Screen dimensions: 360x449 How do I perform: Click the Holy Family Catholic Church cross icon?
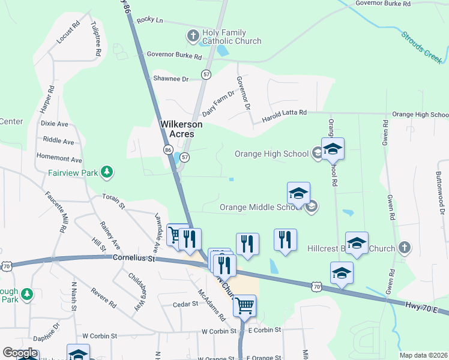coord(193,35)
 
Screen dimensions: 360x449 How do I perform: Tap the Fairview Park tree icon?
coord(107,173)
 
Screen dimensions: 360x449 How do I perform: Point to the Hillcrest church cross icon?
coord(405,248)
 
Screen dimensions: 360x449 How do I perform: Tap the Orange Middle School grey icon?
coord(311,208)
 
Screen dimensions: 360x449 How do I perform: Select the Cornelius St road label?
coord(134,259)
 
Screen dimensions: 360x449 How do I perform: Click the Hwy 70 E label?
coord(427,308)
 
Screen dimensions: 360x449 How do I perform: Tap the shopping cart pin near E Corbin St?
coord(244,306)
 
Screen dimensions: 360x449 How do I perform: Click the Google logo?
coord(20,353)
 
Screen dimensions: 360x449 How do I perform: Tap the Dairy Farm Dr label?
coord(218,103)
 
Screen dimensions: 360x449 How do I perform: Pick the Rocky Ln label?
coord(150,20)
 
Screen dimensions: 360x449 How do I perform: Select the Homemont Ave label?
coord(59,160)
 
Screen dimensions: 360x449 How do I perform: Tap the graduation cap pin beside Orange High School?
coord(332,149)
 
